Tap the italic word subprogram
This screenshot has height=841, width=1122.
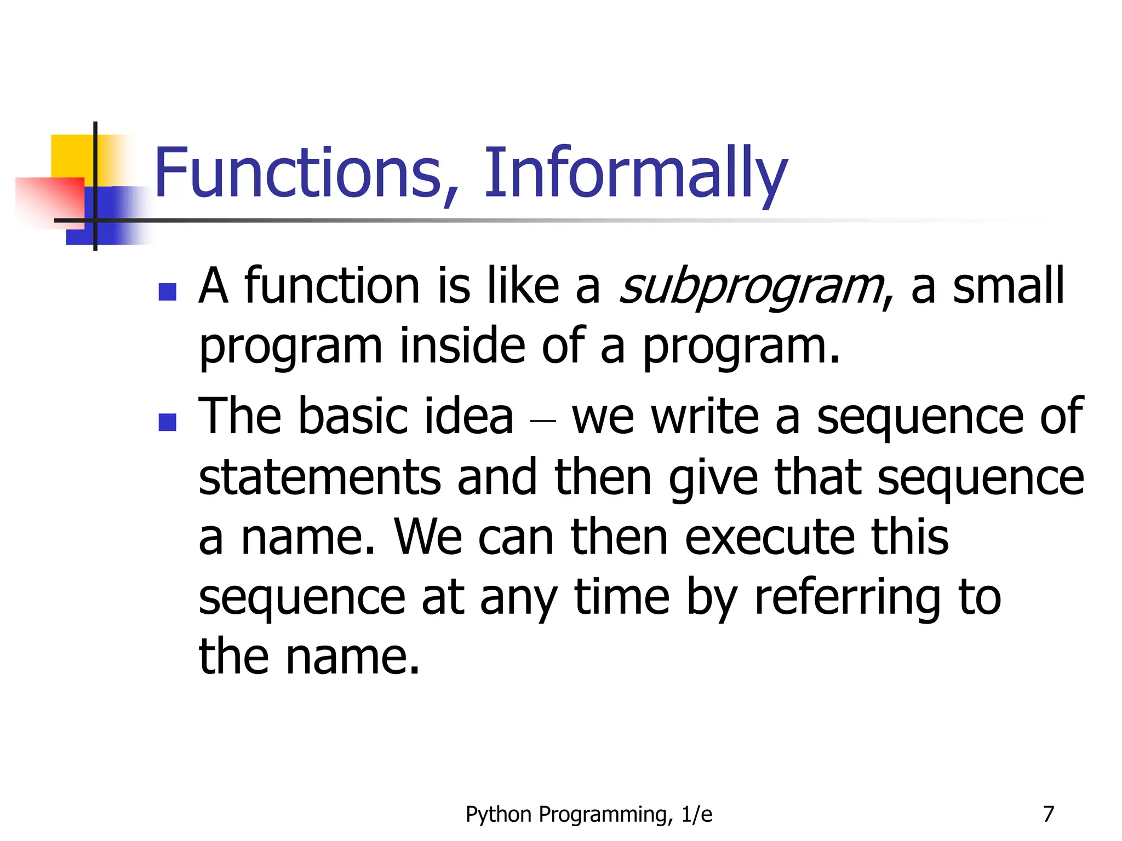tap(751, 287)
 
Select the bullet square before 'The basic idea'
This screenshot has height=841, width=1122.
tap(167, 422)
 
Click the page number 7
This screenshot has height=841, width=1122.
tap(1048, 814)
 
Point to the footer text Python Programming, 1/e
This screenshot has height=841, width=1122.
tap(589, 815)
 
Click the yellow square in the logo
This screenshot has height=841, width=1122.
tap(71, 156)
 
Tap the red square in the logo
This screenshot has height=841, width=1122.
tap(49, 200)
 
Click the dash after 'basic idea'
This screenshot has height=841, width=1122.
tap(543, 422)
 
